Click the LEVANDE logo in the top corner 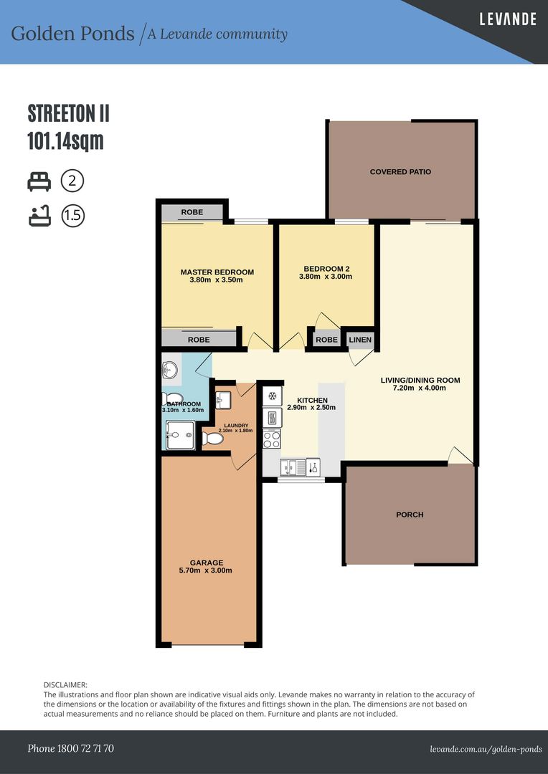click(x=508, y=19)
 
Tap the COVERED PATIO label click(x=400, y=172)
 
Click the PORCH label click(x=410, y=515)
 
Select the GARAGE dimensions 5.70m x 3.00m click(x=207, y=571)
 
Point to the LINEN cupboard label click(x=360, y=340)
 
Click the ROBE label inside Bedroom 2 click(x=326, y=340)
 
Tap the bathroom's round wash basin click(x=170, y=371)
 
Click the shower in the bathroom click(x=179, y=435)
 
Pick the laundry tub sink click(x=222, y=398)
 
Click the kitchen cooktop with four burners click(x=273, y=438)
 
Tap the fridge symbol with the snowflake click(x=273, y=396)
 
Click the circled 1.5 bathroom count click(x=72, y=216)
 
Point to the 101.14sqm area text click(x=66, y=141)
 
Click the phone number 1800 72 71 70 click(x=70, y=749)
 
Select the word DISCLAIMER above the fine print click(x=65, y=686)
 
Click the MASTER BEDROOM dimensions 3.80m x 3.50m click(x=217, y=280)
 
